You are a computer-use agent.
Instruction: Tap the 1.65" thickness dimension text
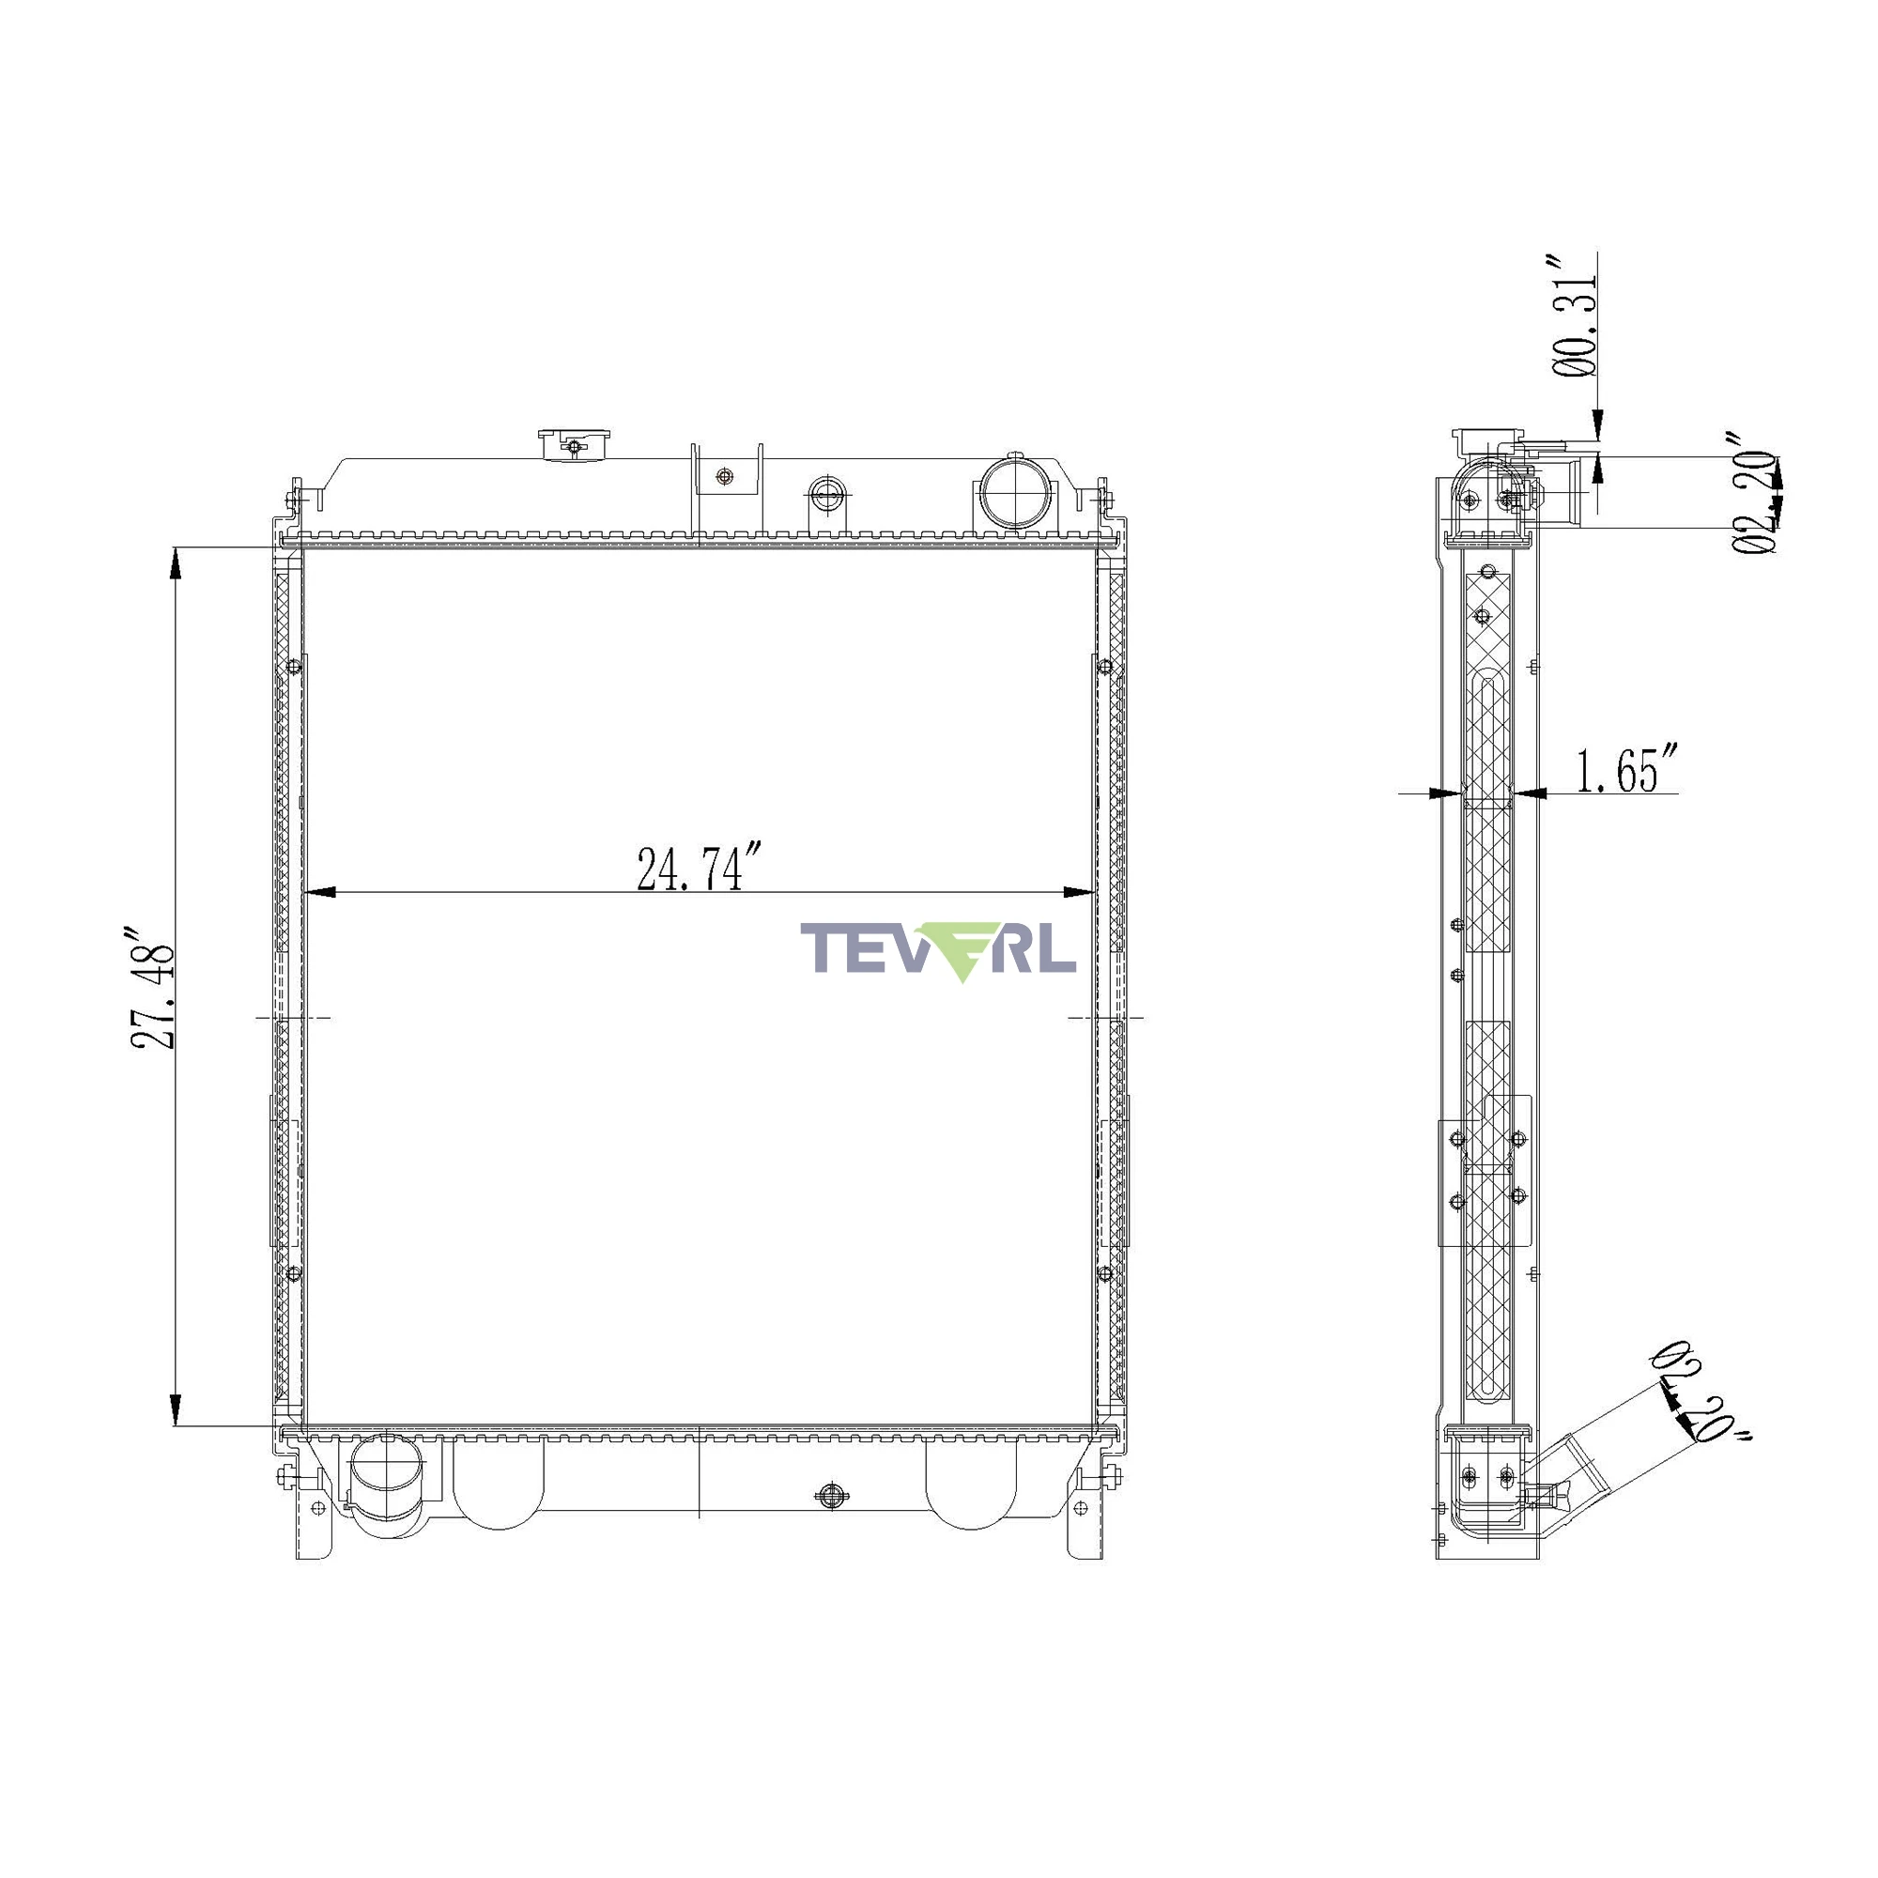(x=1628, y=770)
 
